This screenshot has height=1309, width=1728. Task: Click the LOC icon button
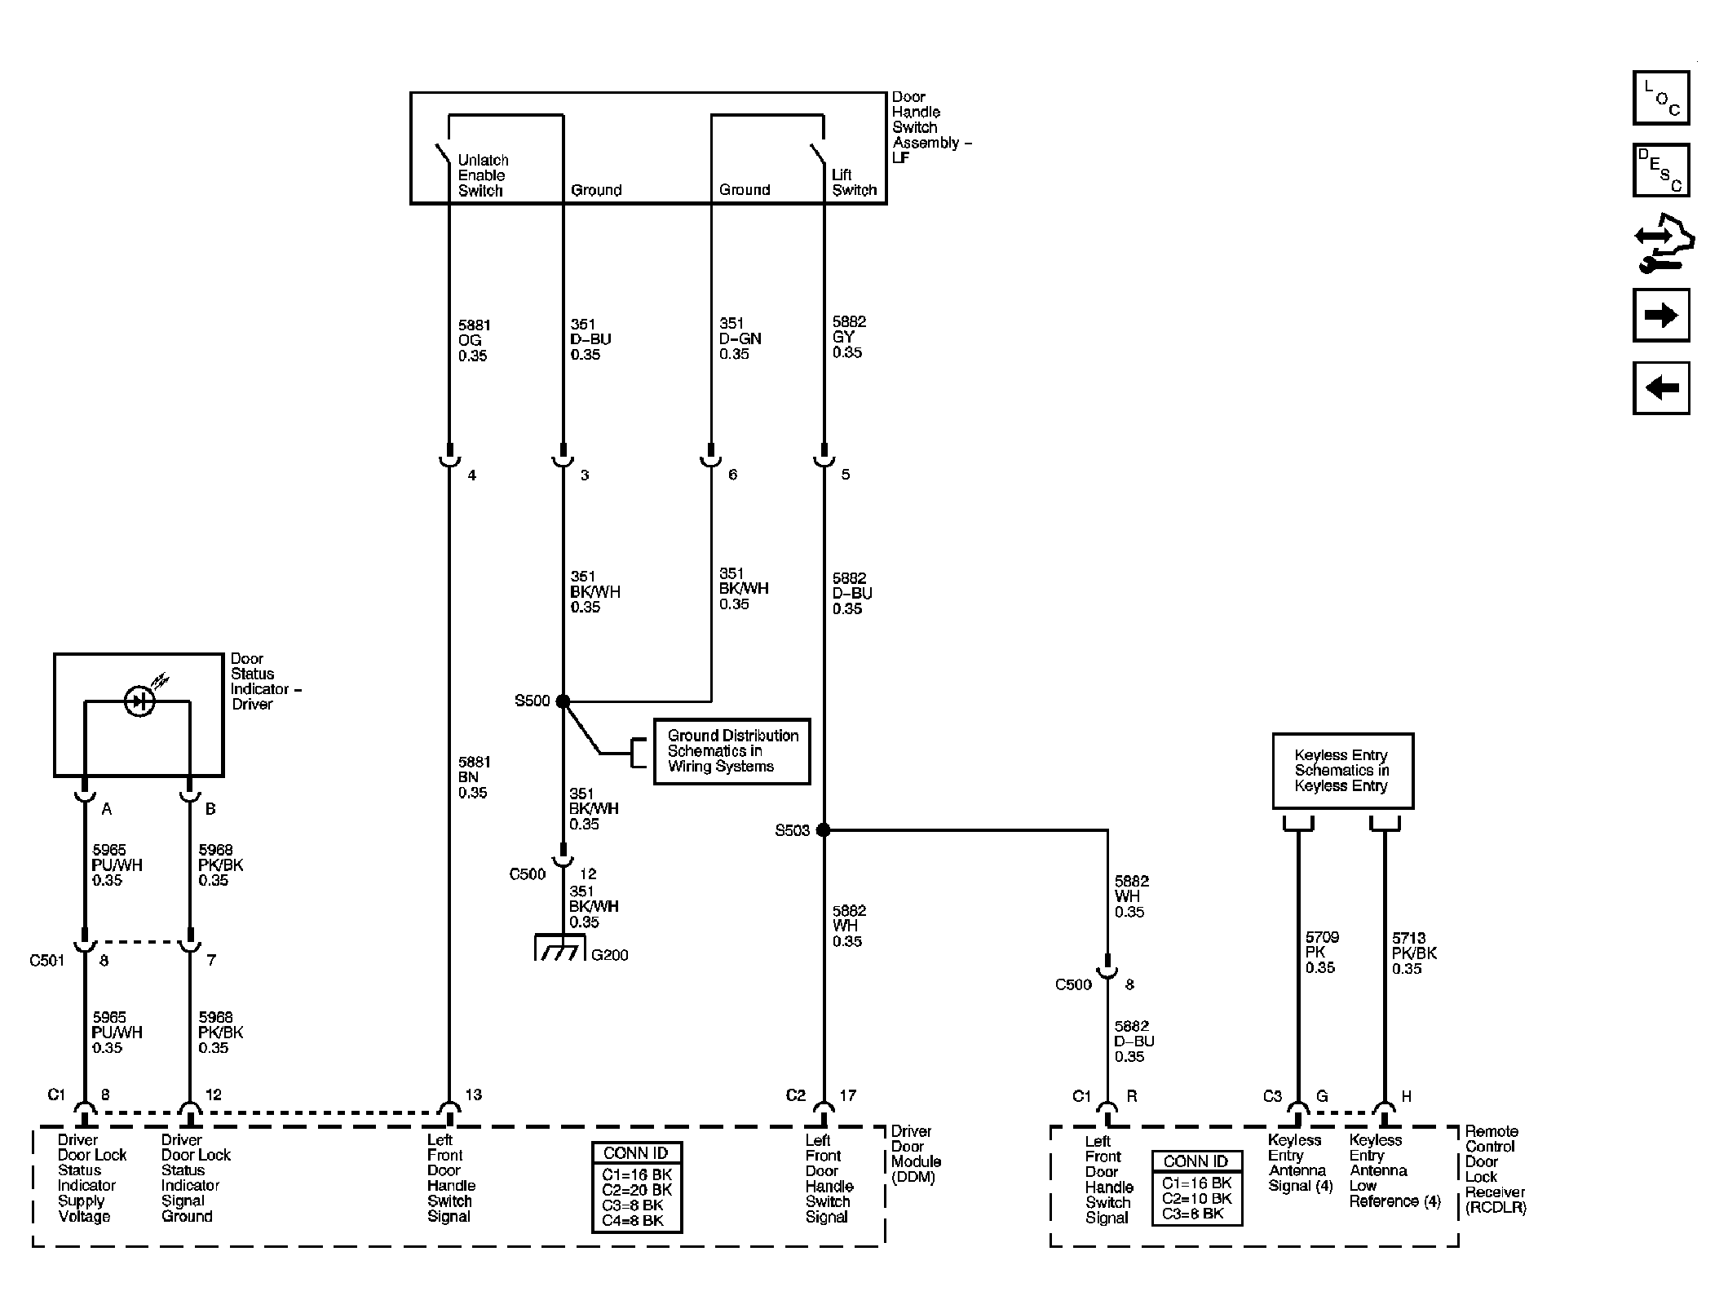click(x=1660, y=98)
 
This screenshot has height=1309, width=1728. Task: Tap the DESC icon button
click(x=1660, y=170)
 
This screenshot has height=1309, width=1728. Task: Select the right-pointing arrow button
click(x=1660, y=315)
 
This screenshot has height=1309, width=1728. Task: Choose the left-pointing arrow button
click(x=1660, y=387)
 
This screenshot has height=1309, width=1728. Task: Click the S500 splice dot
click(x=563, y=701)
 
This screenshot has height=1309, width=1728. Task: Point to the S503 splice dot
click(x=824, y=830)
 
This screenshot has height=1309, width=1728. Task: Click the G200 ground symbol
click(x=560, y=948)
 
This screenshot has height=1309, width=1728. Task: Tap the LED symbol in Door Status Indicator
click(x=140, y=701)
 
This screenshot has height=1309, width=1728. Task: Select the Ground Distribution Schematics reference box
click(x=731, y=751)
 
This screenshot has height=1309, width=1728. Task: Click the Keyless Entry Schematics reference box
click(x=1342, y=771)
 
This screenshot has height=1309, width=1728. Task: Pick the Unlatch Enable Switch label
click(x=483, y=175)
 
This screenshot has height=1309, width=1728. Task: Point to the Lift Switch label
click(x=854, y=183)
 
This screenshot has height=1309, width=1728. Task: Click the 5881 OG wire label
click(x=474, y=340)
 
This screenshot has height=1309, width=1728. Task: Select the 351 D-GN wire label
click(x=740, y=338)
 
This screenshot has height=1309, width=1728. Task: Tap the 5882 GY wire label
click(x=848, y=337)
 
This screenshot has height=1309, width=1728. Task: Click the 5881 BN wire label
click(x=474, y=777)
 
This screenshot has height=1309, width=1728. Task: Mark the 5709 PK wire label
click(x=1321, y=953)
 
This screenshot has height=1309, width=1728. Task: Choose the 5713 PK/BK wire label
click(x=1414, y=953)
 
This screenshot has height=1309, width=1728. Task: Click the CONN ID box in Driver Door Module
click(x=637, y=1187)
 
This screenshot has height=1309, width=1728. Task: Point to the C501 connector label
click(x=46, y=961)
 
